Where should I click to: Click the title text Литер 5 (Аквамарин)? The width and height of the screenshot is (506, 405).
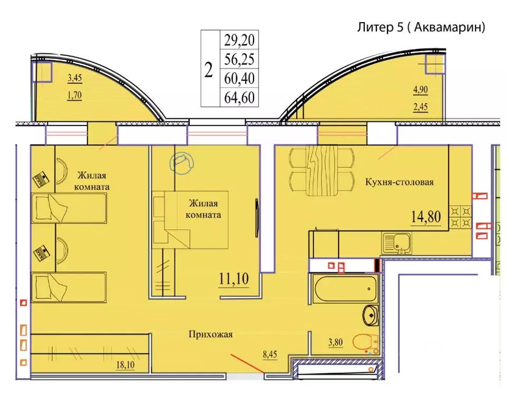[421, 27]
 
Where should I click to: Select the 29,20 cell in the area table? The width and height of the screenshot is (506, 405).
[239, 40]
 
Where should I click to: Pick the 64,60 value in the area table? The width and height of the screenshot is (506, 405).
[239, 97]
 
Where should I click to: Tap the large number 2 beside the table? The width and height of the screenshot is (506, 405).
[209, 70]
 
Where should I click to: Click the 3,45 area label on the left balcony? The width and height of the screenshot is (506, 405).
[74, 78]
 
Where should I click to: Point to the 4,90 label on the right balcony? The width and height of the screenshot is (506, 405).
[421, 90]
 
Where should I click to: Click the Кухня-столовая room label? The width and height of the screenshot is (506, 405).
[399, 182]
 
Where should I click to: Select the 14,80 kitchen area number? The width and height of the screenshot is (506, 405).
[426, 216]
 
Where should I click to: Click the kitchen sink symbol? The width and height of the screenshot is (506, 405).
[396, 243]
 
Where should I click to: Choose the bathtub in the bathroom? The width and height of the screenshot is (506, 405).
[345, 289]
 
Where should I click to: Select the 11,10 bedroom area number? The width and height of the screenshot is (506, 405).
[233, 278]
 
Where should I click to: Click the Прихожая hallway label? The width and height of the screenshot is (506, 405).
[210, 334]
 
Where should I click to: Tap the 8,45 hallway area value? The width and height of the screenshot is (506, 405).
[270, 354]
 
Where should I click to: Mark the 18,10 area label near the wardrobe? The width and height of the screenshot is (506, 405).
[125, 365]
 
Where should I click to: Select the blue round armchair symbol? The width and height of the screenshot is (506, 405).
[182, 163]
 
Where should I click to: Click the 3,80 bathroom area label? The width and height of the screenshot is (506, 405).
[335, 342]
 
